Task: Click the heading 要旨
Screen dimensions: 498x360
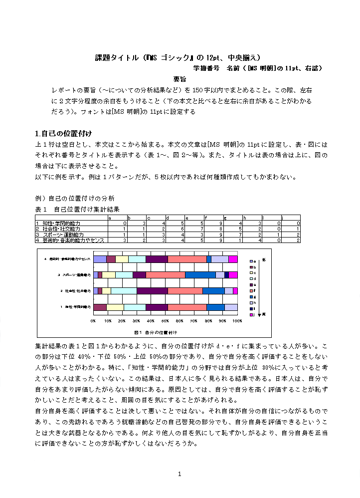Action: point(180,79)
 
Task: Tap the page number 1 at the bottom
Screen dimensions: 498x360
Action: point(180,474)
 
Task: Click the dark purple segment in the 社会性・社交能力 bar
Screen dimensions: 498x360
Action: point(152,290)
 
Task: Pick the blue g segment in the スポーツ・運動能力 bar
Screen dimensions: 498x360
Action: point(200,274)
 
